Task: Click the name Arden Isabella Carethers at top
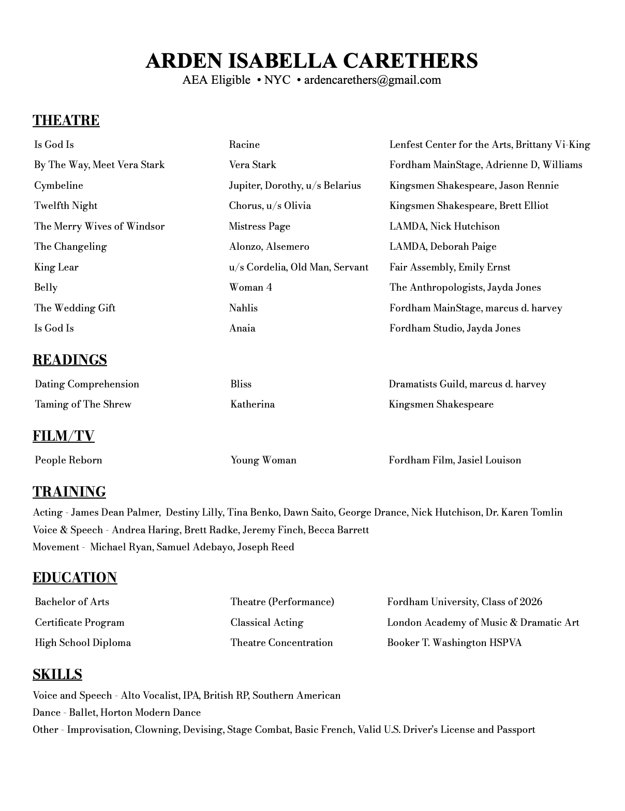tap(311, 61)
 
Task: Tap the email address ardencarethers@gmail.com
tap(373, 80)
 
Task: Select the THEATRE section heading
tap(66, 121)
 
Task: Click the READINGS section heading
tap(70, 360)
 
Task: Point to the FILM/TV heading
tap(64, 436)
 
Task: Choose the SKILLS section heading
tap(57, 674)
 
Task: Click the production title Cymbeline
tap(58, 185)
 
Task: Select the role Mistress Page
tap(260, 226)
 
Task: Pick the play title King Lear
tap(56, 267)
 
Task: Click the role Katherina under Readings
tap(252, 404)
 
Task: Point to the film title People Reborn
tap(68, 460)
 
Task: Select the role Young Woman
tap(263, 460)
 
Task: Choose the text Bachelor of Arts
tap(72, 602)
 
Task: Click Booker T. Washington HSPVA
tap(454, 643)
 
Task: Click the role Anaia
tap(242, 328)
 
